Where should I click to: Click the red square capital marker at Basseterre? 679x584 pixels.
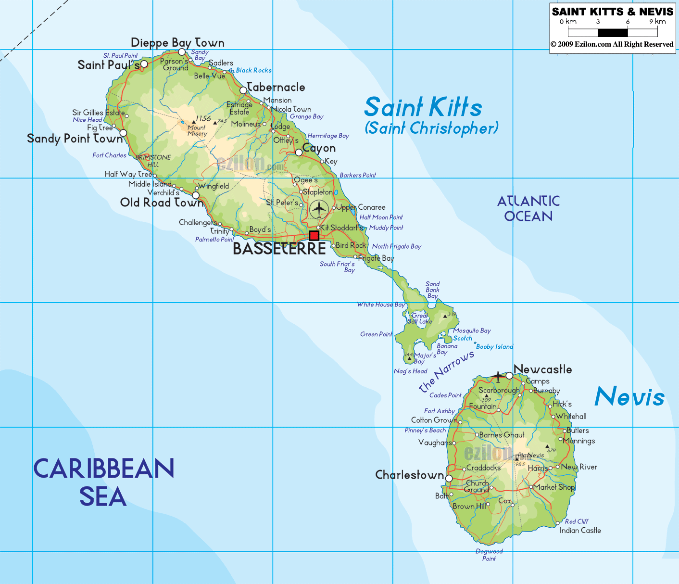314,235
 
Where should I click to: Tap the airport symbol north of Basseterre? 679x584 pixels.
318,209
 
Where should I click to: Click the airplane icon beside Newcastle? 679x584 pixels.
498,376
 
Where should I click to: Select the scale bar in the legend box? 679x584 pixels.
613,33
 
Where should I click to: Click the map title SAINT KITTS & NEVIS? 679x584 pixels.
613,12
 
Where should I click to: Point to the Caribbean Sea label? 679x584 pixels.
103,482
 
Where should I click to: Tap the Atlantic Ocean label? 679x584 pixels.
528,208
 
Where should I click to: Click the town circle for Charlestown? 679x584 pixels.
449,479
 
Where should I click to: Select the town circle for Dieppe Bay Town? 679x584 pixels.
182,52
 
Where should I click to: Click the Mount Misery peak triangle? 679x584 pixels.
193,122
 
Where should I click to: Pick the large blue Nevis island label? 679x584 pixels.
629,397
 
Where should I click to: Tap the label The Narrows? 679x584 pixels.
446,371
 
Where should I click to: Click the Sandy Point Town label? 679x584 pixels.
75,139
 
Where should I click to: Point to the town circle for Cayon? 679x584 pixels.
299,152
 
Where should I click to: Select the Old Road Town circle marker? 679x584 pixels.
196,195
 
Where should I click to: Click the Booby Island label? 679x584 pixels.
494,347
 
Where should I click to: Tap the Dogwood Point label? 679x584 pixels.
489,555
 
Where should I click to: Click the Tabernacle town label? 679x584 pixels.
276,88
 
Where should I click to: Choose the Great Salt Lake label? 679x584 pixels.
420,318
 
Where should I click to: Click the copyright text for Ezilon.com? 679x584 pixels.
612,44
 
